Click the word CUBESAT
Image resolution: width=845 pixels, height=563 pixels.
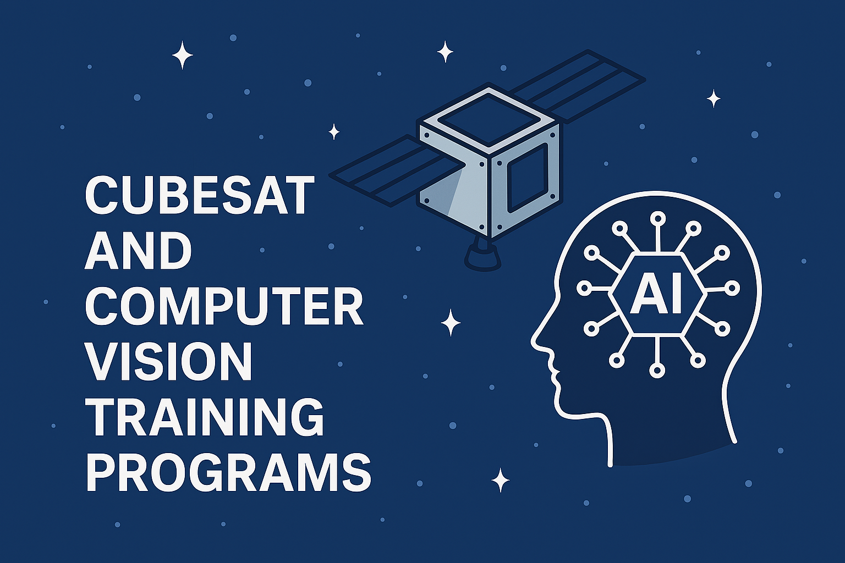tap(199, 196)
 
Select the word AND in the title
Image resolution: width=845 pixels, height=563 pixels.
tap(138, 250)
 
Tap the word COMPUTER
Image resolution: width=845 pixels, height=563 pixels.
tap(224, 306)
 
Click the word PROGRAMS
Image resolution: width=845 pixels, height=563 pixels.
tap(228, 472)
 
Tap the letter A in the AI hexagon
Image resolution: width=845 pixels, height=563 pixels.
tap(645, 294)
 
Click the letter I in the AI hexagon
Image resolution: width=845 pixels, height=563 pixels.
tap(675, 294)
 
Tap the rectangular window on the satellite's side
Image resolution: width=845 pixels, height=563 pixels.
tap(527, 178)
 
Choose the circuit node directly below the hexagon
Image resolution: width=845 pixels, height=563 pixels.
tap(657, 370)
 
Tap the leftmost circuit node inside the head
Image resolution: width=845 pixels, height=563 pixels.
tap(584, 288)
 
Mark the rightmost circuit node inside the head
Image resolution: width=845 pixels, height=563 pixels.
tap(732, 288)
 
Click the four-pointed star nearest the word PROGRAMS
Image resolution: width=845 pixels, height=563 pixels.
tap(500, 480)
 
